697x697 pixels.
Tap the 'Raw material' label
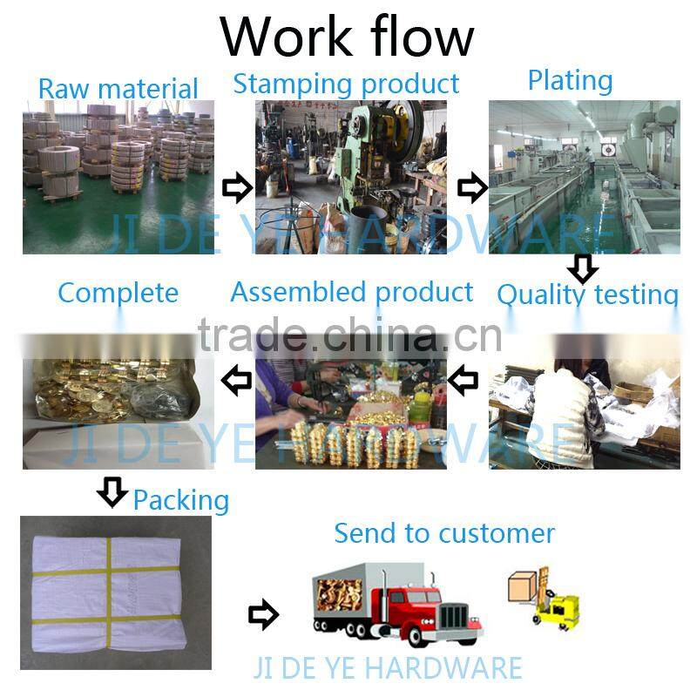118,89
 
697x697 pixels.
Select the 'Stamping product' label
346,84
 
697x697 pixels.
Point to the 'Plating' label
570,80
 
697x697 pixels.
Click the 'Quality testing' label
587,294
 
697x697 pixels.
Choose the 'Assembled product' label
352,292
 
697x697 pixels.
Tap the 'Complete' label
118,293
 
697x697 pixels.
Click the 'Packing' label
180,499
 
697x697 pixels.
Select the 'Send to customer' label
444,532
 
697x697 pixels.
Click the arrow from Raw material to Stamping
236,186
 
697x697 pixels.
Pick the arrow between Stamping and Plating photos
471,186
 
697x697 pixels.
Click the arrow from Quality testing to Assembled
462,380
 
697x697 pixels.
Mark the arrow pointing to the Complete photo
236,380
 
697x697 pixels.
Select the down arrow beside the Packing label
112,492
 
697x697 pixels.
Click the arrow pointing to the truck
262,615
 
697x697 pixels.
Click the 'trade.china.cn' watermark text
349,335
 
